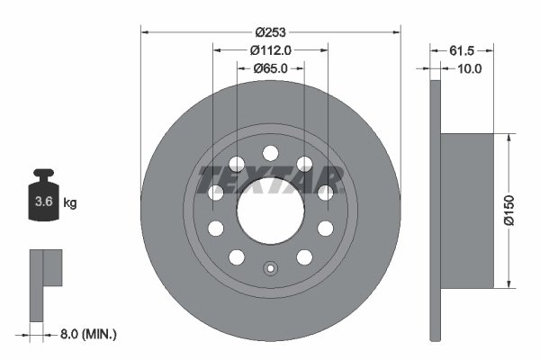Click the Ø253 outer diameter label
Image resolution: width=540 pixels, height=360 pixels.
click(270, 32)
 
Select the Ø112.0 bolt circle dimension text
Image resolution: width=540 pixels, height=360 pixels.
click(270, 50)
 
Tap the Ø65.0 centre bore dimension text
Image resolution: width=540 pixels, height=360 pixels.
click(270, 67)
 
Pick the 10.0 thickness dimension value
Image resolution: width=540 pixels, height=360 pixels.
click(470, 67)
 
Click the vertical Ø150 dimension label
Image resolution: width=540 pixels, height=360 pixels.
click(510, 211)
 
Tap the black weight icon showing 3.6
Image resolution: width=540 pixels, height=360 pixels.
click(43, 201)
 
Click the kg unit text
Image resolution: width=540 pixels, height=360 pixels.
click(70, 203)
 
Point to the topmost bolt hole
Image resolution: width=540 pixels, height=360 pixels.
click(270, 154)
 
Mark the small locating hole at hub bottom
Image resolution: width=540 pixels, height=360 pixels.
click(270, 267)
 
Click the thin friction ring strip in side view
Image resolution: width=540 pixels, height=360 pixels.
click(436, 211)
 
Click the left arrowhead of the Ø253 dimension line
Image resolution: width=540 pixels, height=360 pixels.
click(145, 32)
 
